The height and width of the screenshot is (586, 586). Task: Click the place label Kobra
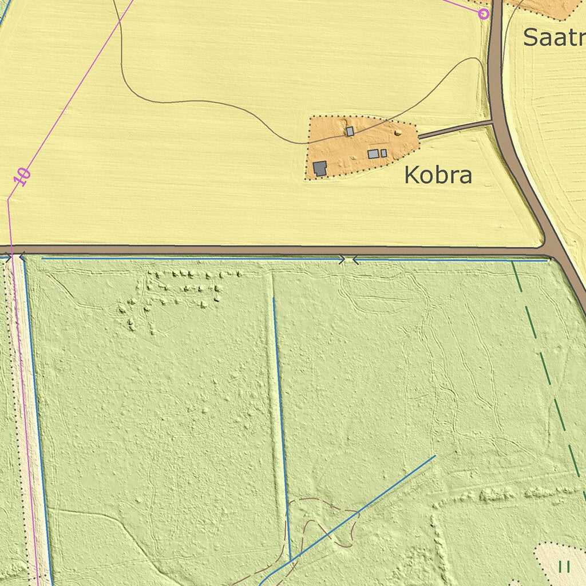(438, 175)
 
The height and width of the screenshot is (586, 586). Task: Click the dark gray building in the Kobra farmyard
(320, 168)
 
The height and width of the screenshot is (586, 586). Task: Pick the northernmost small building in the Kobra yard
(350, 132)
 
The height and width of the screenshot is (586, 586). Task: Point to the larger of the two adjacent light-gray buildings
(373, 153)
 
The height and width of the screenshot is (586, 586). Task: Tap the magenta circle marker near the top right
(484, 14)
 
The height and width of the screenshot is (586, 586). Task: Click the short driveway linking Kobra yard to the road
(455, 129)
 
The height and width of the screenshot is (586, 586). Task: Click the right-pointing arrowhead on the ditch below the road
(343, 260)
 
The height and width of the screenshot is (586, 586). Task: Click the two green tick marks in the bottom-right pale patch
(564, 567)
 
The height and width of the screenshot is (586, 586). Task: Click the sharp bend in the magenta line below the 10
(9, 199)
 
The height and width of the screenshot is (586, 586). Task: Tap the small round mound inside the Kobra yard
(398, 133)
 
